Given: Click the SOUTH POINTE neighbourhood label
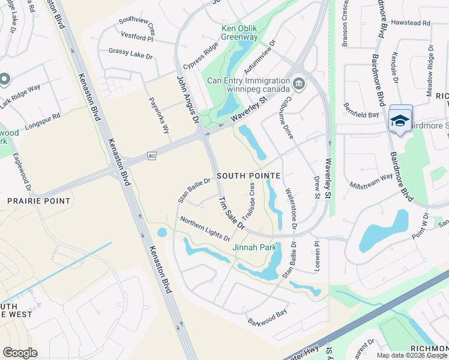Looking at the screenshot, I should coord(249,176).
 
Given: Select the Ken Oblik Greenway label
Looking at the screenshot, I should coord(231,32).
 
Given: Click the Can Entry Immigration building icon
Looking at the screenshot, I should coord(298,84).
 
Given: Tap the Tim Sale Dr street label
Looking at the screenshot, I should coord(231,213).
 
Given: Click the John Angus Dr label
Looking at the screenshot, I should coord(187,100).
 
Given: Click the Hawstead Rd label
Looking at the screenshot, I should coord(411,23).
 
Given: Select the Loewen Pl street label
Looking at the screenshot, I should coord(315,256).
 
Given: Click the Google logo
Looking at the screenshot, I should coord(20,353).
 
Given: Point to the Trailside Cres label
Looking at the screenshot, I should coord(248,201).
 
